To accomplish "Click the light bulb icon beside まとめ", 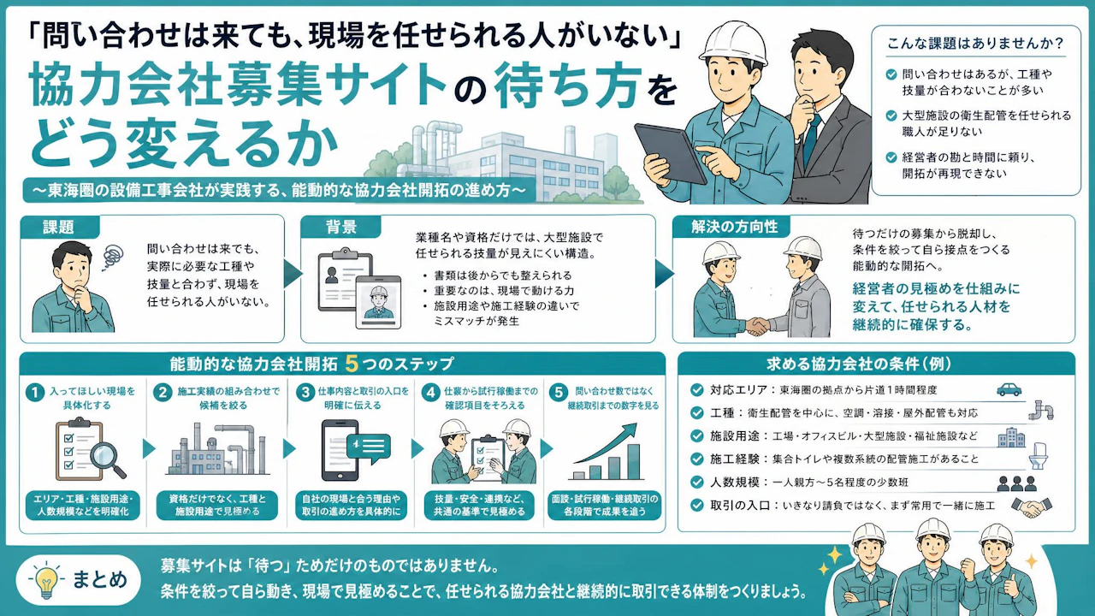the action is pyautogui.click(x=46, y=579).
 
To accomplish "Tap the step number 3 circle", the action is pyautogui.click(x=305, y=392).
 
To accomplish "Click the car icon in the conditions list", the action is pyautogui.click(x=1009, y=389).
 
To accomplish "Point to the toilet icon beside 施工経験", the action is pyautogui.click(x=1038, y=456).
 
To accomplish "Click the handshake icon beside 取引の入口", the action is pyautogui.click(x=1032, y=507).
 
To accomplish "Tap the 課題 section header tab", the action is pyautogui.click(x=59, y=227).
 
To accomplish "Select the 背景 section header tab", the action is pyautogui.click(x=340, y=227).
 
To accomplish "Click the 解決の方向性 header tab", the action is pyautogui.click(x=734, y=227).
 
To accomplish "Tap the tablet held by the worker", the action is pyautogui.click(x=671, y=153).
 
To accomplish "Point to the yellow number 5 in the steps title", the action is pyautogui.click(x=352, y=364).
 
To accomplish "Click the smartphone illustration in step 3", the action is pyautogui.click(x=340, y=450).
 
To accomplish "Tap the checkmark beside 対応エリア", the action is pyautogui.click(x=696, y=389).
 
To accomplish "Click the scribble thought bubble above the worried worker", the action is pyautogui.click(x=114, y=256).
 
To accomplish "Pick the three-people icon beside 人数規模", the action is pyautogui.click(x=1017, y=483).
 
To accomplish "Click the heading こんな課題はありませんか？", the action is pyautogui.click(x=975, y=44).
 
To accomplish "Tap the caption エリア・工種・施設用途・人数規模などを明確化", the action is pyautogui.click(x=82, y=505).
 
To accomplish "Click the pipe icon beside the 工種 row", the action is pyautogui.click(x=1040, y=412).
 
